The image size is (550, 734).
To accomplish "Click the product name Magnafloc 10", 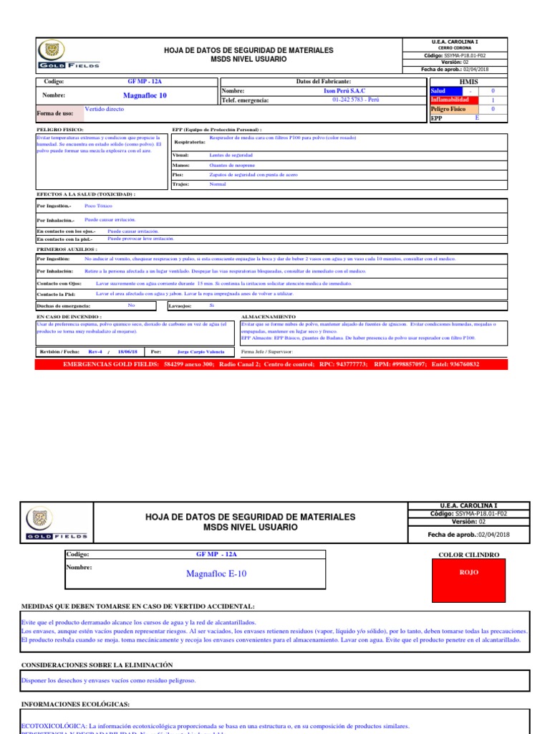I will tap(145, 95).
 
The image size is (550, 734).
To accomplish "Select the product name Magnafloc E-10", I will tap(216, 573).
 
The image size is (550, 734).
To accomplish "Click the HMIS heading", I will tap(468, 82).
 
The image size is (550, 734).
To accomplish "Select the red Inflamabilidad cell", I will tap(449, 100).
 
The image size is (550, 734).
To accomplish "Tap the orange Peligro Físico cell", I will tap(449, 109).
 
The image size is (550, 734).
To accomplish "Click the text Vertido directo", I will tap(105, 110).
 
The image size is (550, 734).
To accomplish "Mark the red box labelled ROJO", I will tap(469, 573).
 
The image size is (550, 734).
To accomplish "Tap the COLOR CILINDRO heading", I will tap(468, 555).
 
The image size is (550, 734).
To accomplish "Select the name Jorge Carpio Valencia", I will tap(201, 352).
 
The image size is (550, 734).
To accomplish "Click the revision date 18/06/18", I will tap(126, 352).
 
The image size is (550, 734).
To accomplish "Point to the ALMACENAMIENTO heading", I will tap(269, 316).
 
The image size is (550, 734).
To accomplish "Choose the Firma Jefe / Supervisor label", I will tap(268, 352).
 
